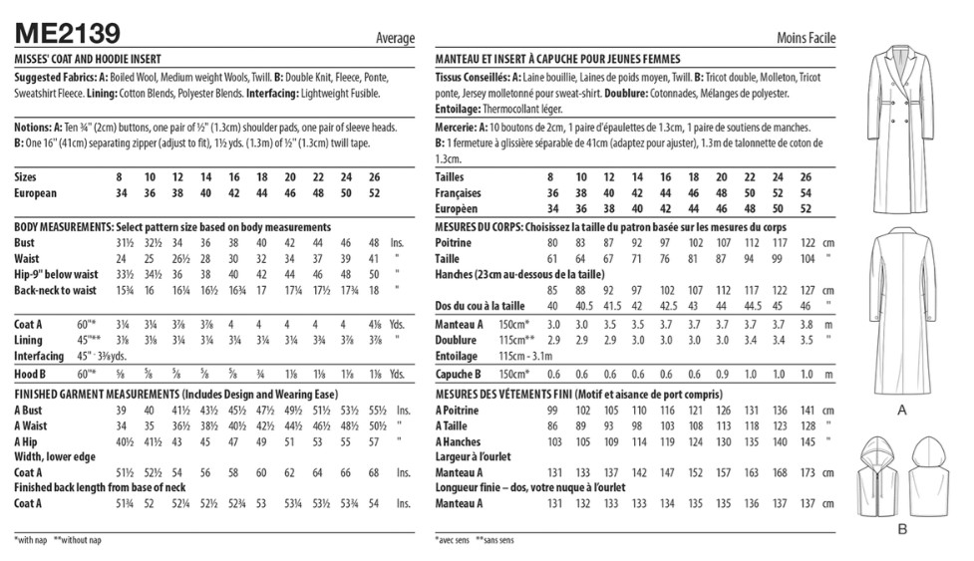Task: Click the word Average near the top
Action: [x=395, y=38]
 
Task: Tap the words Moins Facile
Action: [x=806, y=38]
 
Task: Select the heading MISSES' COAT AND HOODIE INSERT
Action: [x=88, y=60]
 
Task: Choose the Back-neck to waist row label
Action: [x=55, y=290]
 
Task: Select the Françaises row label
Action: [x=462, y=193]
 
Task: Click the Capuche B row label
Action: [x=460, y=374]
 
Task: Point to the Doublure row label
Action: [x=458, y=339]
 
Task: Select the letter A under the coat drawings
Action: [x=902, y=410]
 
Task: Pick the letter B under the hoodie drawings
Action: [x=901, y=529]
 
